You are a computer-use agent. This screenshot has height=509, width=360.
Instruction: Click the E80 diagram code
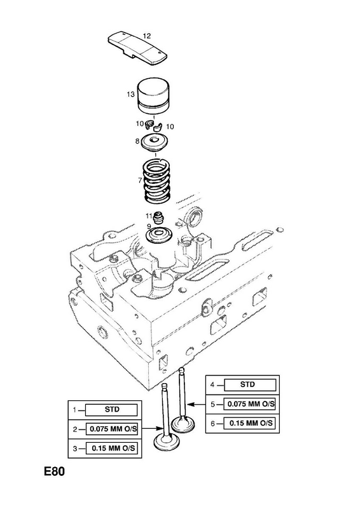[x=55, y=471]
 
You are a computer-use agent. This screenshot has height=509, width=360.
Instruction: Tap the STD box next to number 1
[x=111, y=410]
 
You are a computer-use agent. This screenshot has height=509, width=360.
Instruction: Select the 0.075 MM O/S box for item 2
[x=111, y=429]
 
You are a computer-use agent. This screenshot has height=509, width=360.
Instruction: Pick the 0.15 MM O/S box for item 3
[x=111, y=449]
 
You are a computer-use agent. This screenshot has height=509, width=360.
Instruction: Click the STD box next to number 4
[x=250, y=385]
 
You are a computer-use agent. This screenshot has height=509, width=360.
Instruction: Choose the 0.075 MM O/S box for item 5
[x=250, y=404]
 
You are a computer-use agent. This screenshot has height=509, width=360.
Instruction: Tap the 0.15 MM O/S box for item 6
[x=250, y=423]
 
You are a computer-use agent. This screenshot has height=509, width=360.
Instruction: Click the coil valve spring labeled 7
[x=157, y=183]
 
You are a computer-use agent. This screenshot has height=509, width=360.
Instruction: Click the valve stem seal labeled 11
[x=158, y=218]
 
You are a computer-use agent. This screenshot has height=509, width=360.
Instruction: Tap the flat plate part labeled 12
[x=137, y=48]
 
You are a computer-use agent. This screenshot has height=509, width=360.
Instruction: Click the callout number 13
[x=130, y=94]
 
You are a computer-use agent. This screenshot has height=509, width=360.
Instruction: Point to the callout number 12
[x=147, y=36]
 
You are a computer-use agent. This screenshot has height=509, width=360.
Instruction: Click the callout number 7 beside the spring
[x=139, y=180]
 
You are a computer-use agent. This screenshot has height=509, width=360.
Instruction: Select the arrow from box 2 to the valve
[x=152, y=429]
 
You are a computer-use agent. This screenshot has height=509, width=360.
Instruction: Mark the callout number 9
[x=149, y=226]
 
